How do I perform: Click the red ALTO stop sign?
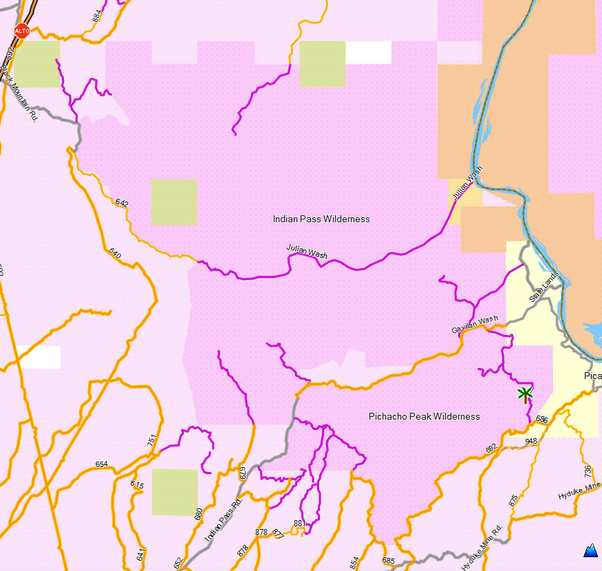point(22,31)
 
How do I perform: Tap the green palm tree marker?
point(525,395)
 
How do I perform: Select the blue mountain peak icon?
point(590,550)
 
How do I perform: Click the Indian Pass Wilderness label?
point(321,219)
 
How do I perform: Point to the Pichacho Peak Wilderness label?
point(424,416)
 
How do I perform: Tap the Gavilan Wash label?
point(475,325)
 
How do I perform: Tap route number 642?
point(122,203)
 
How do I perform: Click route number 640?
point(115,254)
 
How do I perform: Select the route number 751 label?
point(153,441)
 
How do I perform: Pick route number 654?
point(102,464)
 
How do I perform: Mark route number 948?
point(530,442)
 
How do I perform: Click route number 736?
point(588,471)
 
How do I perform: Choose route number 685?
point(388,561)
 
